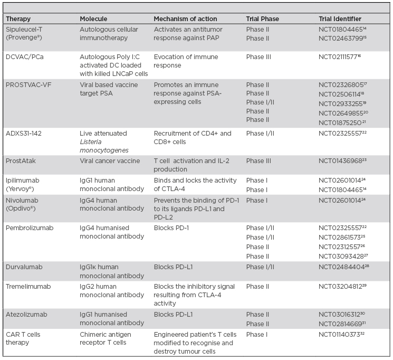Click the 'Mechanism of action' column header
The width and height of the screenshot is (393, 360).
pyautogui.click(x=185, y=19)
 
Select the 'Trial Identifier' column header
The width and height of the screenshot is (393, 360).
pyautogui.click(x=340, y=19)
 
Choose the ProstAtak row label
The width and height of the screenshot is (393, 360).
pyautogui.click(x=21, y=161)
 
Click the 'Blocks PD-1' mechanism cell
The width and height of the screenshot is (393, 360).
pyautogui.click(x=172, y=228)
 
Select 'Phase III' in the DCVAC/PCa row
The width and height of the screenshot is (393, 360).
pyautogui.click(x=260, y=56)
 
